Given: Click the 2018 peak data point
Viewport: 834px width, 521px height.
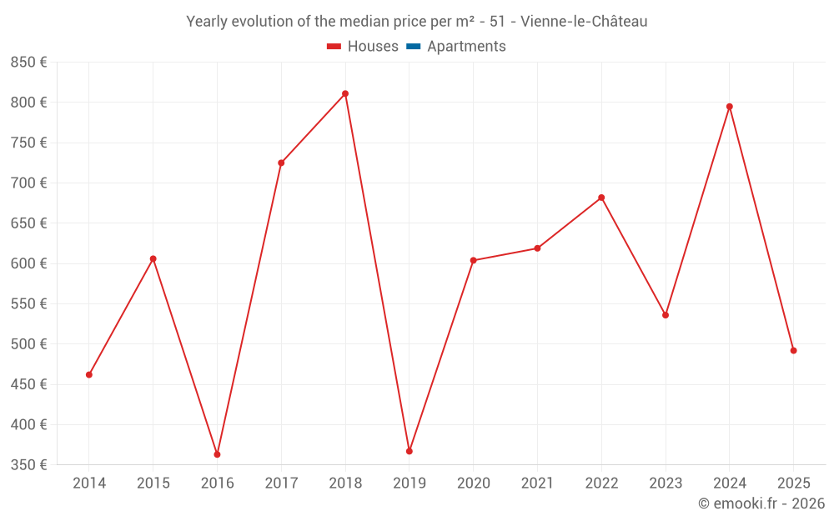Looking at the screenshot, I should tap(345, 93).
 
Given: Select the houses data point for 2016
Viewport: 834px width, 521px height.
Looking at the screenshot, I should tap(217, 454).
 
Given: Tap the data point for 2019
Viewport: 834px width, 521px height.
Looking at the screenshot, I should tap(409, 451).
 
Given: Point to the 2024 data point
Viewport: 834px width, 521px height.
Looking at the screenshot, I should tap(730, 107).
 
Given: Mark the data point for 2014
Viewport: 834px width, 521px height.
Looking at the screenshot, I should tap(89, 374).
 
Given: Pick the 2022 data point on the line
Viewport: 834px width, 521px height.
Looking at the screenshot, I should tap(601, 198).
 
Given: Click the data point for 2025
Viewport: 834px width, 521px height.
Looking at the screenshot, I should tap(793, 351).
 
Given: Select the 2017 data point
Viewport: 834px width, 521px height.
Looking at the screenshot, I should tap(281, 163).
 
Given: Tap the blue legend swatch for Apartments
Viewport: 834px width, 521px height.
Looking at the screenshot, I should tap(413, 47).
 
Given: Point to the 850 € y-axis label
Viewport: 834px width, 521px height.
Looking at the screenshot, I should tap(28, 63).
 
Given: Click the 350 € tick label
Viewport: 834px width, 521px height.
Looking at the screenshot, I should tap(28, 464).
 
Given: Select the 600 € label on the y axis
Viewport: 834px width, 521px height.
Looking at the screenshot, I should tap(28, 263).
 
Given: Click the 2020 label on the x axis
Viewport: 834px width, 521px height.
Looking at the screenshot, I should tap(473, 483).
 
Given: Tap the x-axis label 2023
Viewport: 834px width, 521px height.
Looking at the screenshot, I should tap(666, 483).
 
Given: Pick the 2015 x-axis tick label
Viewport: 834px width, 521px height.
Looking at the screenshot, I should tap(153, 483).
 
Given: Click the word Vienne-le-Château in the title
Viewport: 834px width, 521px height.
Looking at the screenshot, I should tap(584, 22).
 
